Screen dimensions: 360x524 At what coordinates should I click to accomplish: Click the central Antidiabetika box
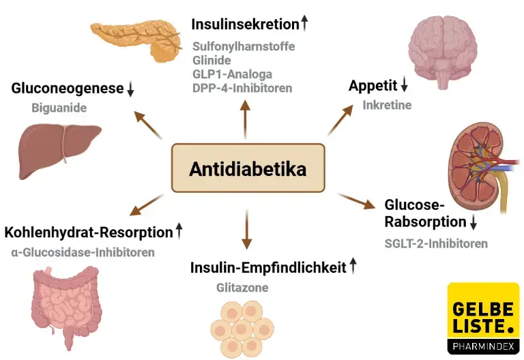(x=247, y=168)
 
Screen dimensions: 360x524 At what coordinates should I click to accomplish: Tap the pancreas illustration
(x=132, y=40)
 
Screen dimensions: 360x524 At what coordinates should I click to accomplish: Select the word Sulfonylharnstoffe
(x=243, y=47)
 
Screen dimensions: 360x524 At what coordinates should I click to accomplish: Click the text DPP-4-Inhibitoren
(x=242, y=88)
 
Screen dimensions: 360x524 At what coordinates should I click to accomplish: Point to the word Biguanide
(x=58, y=108)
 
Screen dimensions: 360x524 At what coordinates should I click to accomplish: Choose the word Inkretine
(x=387, y=105)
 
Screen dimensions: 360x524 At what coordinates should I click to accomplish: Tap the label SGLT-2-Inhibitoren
(x=436, y=243)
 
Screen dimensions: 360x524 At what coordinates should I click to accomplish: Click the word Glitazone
(x=242, y=288)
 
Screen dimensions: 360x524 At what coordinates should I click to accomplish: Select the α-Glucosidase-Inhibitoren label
(x=83, y=252)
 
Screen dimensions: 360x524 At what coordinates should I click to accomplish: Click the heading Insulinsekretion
(x=245, y=25)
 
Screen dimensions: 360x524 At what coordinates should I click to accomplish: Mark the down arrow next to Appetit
(x=404, y=85)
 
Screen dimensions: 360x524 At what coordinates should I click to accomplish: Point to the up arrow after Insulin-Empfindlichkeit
(x=353, y=267)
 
